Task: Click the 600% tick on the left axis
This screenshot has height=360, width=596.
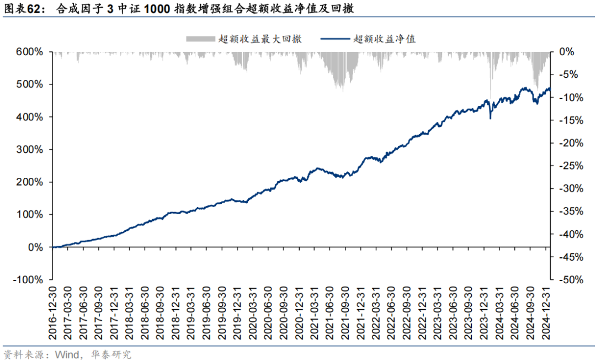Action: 29,52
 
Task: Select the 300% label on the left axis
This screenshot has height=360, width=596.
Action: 29,150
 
